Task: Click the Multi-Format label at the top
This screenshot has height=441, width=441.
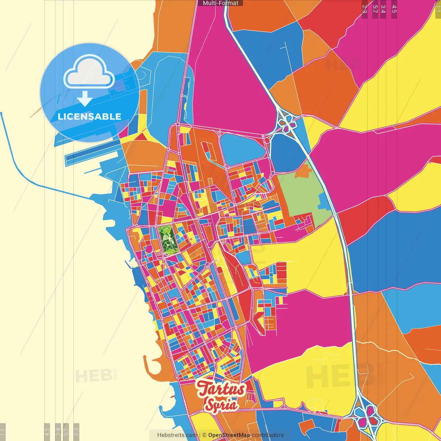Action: [220, 3]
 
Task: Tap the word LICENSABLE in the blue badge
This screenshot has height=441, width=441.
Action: [90, 116]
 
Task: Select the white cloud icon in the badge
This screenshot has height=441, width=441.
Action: [89, 73]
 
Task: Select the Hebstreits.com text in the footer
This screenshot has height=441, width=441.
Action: [177, 435]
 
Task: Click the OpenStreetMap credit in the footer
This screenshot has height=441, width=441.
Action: [229, 435]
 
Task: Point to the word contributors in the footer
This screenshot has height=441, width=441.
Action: [268, 435]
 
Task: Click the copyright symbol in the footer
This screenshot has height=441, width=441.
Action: [204, 435]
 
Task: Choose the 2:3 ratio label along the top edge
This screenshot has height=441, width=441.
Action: [365, 9]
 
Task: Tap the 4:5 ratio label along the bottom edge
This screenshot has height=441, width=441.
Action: [47, 432]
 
